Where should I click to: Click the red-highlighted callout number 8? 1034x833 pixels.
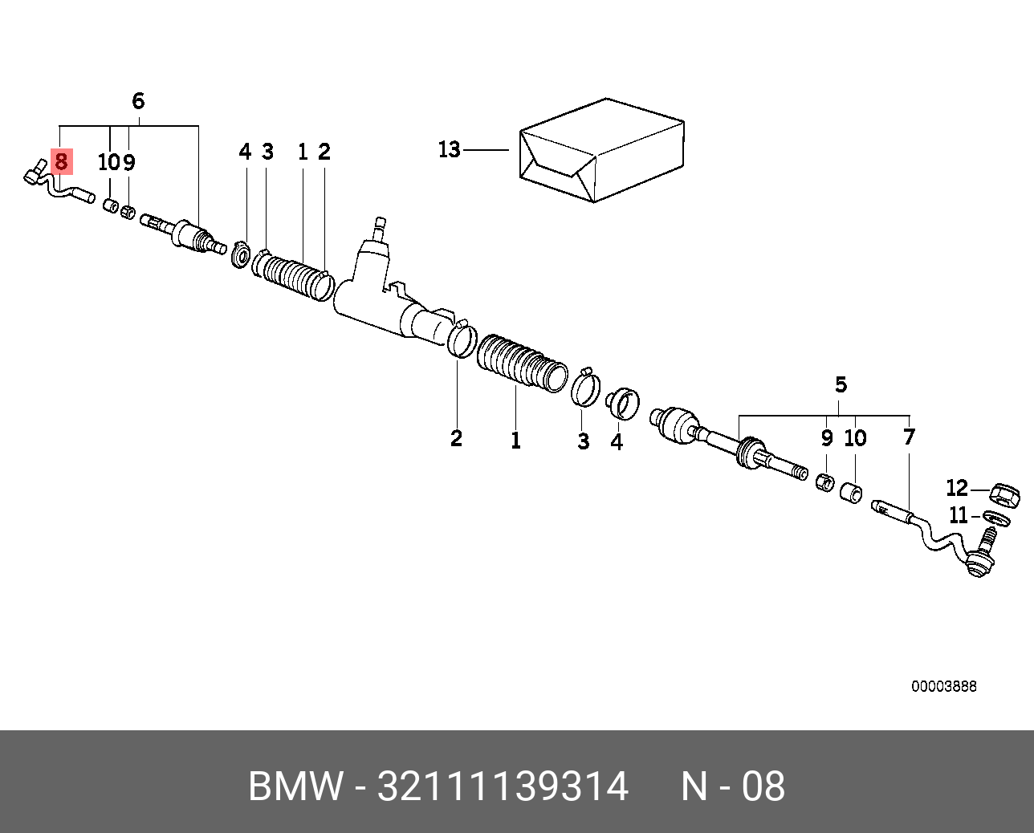point(62,161)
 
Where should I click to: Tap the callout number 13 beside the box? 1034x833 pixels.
point(450,150)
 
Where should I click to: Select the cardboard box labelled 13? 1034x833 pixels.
point(602,150)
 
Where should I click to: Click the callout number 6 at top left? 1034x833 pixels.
point(138,101)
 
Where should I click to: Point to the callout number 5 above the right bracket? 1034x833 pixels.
point(841,384)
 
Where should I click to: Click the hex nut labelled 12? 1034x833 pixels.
point(1004,494)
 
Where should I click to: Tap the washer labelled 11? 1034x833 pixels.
point(996,518)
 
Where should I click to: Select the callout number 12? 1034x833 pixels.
point(957,488)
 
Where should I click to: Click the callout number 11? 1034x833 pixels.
point(958,516)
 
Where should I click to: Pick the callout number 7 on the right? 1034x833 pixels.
point(909,437)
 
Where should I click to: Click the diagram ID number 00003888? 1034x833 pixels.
point(943,686)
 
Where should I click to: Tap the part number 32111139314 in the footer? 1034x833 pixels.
point(503,786)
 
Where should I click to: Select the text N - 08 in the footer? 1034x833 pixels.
point(733,786)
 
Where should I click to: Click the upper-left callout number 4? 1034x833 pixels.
point(245,152)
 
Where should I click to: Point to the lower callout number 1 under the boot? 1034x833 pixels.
point(515,441)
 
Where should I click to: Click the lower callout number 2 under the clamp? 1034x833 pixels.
point(457,438)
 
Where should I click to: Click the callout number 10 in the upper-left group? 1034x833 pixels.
point(109,162)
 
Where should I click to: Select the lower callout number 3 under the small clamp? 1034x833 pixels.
point(584,441)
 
